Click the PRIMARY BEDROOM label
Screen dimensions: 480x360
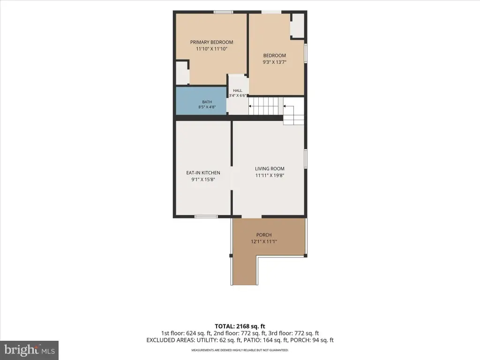[x=211, y=42]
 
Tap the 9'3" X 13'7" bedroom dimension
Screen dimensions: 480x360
[x=275, y=62]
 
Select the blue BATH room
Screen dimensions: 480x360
[x=201, y=101]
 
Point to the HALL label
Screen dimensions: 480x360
[x=238, y=90]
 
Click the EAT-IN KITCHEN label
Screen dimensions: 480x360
[x=203, y=172]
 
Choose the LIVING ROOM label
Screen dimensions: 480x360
[x=270, y=169]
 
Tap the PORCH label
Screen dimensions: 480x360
[x=264, y=235]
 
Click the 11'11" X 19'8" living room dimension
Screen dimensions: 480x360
[x=270, y=175]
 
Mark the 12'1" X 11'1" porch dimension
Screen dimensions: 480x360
[x=264, y=241]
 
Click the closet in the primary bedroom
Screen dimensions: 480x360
[x=182, y=73]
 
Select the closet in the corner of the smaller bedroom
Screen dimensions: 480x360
[x=297, y=26]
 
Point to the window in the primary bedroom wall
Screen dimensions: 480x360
[x=223, y=12]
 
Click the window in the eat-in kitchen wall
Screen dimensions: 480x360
[x=206, y=217]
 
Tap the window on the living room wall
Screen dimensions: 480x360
[x=306, y=158]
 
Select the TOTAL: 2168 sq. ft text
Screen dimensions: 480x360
[x=240, y=326]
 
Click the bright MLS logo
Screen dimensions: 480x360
[x=30, y=350]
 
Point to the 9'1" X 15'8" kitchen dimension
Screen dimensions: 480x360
[x=203, y=180]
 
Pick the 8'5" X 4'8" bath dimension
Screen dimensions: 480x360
[x=207, y=107]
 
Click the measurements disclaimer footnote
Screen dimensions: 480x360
[x=240, y=350]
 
